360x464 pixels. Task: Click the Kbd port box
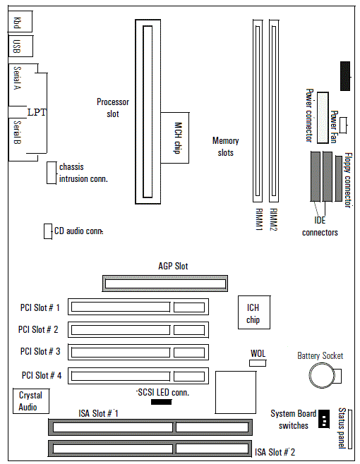tap(20, 21)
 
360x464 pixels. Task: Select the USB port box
tap(20, 46)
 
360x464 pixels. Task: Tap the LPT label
tap(37, 112)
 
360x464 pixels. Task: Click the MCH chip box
tap(175, 138)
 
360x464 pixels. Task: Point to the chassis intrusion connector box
tap(52, 173)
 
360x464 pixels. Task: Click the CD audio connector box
tap(48, 231)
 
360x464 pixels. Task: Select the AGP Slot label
tap(173, 266)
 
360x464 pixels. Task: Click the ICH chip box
tap(254, 312)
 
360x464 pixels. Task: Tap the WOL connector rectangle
tap(258, 362)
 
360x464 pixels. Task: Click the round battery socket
tap(322, 376)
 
